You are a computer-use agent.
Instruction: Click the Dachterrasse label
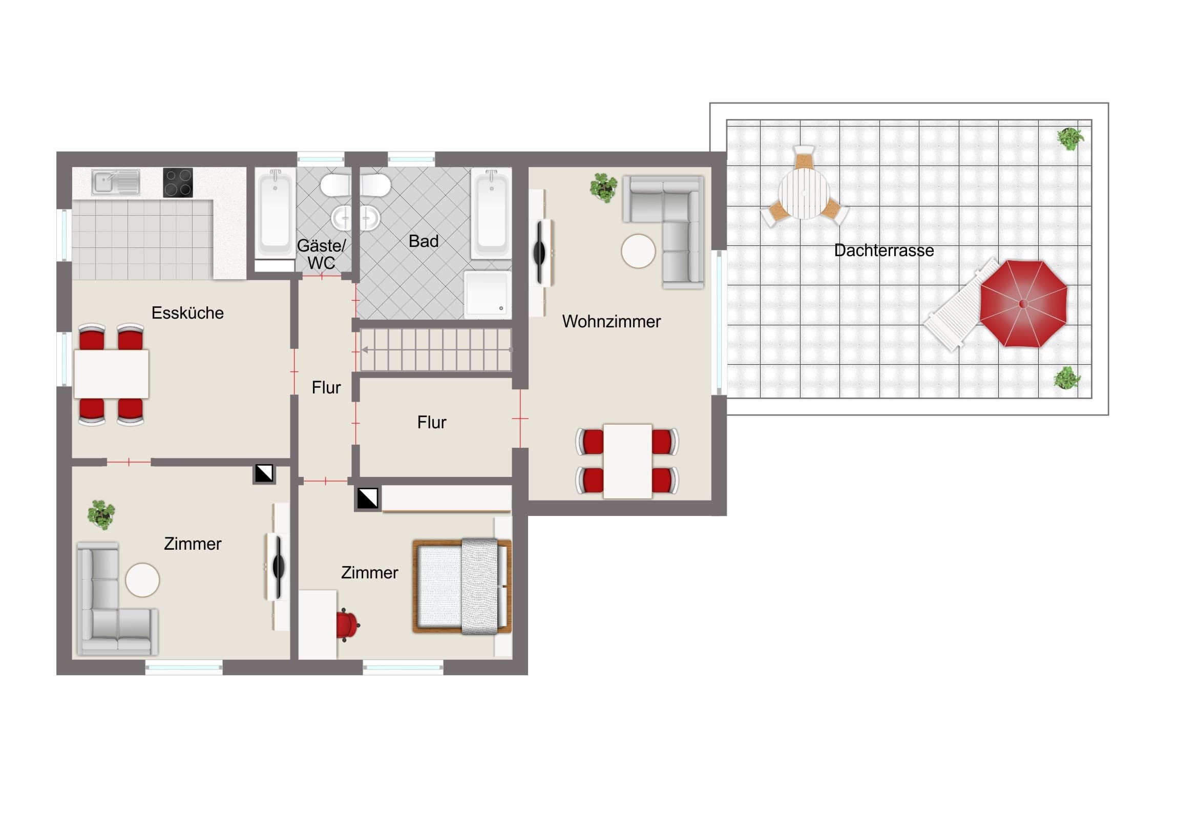883,251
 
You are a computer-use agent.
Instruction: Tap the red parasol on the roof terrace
1023,303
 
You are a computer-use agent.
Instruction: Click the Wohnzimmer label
611,322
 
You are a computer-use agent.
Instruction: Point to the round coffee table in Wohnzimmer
638,251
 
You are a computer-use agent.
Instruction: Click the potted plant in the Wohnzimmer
603,188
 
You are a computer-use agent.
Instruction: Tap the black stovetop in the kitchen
178,182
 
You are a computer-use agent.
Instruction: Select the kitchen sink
116,183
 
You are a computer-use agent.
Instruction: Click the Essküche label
187,313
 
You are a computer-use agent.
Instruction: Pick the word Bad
423,241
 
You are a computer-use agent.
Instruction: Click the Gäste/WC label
321,254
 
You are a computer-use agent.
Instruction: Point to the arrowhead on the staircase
364,349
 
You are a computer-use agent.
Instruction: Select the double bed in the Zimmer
462,586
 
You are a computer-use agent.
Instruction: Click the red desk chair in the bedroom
347,624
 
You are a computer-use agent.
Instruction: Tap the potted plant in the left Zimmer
101,514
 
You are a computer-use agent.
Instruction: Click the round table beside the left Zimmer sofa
142,580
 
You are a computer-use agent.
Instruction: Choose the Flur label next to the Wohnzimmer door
431,423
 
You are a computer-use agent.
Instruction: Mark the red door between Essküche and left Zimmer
129,463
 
